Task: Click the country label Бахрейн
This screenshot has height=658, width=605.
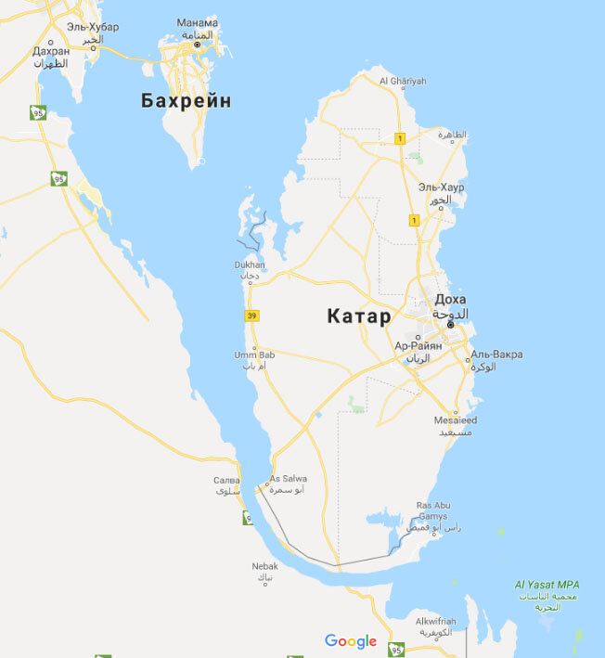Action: point(186,101)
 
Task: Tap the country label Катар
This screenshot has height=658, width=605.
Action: point(359,316)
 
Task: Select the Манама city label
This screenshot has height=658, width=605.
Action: point(197,23)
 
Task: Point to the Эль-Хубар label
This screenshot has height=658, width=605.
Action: point(93,27)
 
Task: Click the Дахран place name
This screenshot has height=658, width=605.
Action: point(51,52)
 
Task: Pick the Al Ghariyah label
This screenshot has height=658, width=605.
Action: point(403,82)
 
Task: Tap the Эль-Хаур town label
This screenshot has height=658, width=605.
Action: point(441,187)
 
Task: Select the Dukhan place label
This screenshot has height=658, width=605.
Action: point(250,265)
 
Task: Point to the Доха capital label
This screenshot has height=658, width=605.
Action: point(451,300)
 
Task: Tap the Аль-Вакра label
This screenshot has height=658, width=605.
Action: point(496,355)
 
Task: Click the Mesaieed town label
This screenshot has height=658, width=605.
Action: point(455,420)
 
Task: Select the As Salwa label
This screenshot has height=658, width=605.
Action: point(288,479)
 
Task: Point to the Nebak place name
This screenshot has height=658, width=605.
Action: point(264,566)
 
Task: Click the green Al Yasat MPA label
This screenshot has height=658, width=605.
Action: point(547,585)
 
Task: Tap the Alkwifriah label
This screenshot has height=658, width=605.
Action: point(434,621)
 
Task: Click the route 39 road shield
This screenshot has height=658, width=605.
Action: point(251,316)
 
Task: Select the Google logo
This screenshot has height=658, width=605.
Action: point(351,641)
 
